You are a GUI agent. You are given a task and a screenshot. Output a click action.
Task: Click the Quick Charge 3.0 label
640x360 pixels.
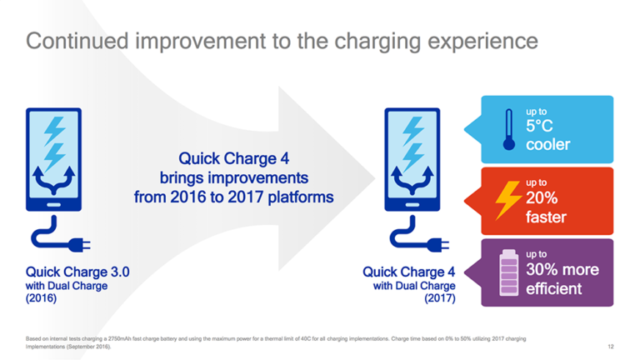point(77,272)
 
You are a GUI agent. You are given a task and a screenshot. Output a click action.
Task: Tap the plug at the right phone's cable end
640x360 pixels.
point(436,244)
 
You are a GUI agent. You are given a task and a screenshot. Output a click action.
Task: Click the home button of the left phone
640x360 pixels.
point(52,202)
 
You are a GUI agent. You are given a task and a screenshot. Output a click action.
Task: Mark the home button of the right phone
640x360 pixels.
point(412,202)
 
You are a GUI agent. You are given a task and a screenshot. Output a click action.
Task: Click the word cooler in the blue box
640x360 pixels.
point(547,145)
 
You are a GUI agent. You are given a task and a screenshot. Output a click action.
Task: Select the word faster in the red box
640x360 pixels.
point(546,217)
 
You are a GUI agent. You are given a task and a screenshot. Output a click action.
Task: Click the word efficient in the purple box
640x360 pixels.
point(553,289)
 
